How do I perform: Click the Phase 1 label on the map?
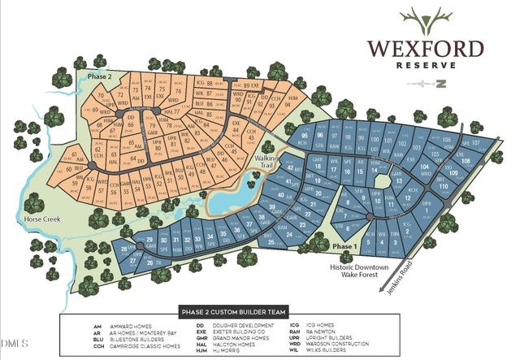344,245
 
